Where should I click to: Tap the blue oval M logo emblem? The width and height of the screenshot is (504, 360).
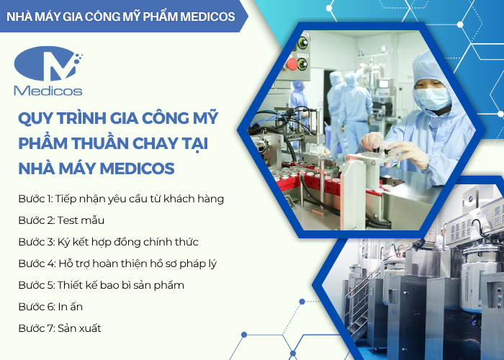point(47,66)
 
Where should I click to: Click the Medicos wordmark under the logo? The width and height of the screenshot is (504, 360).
point(48,91)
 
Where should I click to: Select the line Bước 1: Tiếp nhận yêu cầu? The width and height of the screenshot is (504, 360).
point(121,198)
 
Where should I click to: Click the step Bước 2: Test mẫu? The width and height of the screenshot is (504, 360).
point(60,220)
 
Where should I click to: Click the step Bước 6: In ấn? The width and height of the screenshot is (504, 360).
point(50,306)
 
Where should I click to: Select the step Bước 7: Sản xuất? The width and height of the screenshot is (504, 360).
point(59,328)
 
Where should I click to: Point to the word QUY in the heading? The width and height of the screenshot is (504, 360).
point(31,117)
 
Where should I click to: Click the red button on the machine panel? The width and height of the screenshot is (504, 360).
point(292,63)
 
